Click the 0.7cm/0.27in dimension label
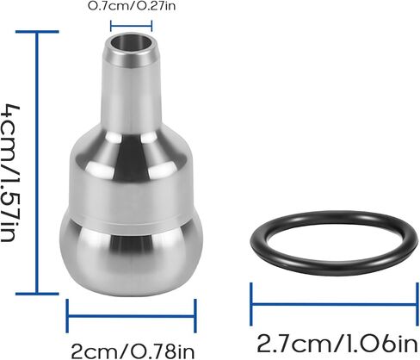tap(133, 8)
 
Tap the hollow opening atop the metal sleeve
tap(133, 42)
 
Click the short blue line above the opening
tap(133, 26)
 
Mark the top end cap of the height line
tap(37, 32)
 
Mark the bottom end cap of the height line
tap(37, 293)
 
